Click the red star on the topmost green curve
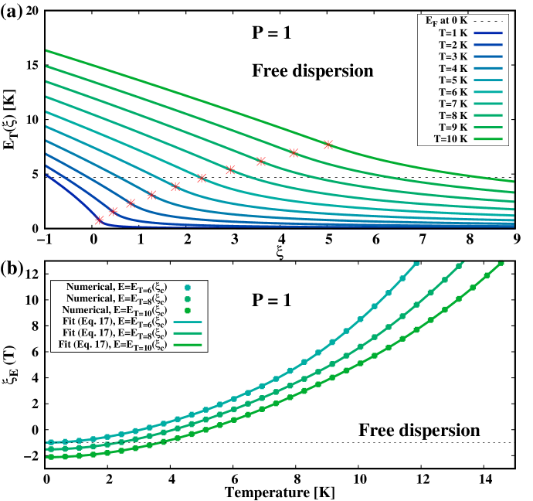(328, 145)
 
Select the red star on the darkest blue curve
(99, 220)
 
